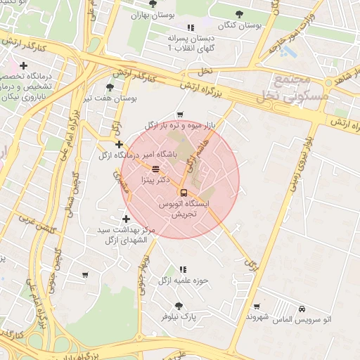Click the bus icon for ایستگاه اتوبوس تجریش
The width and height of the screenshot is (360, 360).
[x=184, y=193]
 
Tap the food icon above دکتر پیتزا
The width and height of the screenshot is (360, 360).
[x=155, y=169]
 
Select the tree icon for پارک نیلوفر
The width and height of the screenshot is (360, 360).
[x=179, y=306]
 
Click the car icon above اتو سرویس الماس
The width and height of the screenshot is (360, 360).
[x=302, y=309]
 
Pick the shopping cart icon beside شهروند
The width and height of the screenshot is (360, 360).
[x=257, y=306]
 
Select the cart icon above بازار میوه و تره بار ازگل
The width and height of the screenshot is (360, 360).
[x=181, y=114]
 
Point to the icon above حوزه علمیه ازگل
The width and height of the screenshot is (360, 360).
[x=184, y=269]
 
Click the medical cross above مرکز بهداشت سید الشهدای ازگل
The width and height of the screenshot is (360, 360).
[x=126, y=219]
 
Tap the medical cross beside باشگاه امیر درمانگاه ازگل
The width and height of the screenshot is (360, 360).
[x=119, y=144]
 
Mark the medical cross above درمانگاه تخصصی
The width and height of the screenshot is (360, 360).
[x=23, y=65]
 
